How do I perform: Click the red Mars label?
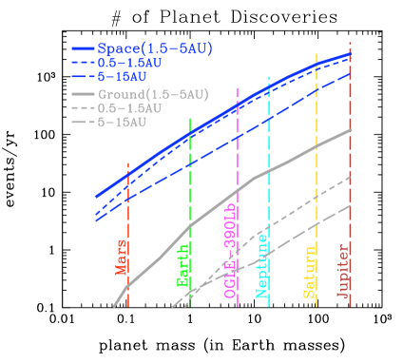pos(122,257)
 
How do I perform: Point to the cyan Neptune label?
pos(262,269)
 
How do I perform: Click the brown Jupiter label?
pos(342,269)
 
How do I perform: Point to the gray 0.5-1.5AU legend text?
pos(129,108)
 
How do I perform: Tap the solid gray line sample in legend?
pos(83,94)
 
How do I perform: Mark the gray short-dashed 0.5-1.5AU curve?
pos(285,218)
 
